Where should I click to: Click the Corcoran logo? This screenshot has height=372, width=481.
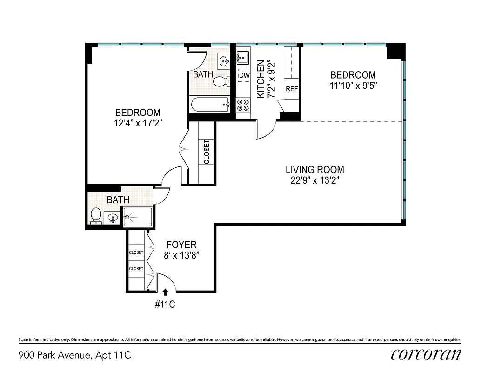click(426, 354)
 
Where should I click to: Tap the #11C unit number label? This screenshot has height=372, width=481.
click(165, 305)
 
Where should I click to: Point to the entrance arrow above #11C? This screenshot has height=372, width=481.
click(165, 292)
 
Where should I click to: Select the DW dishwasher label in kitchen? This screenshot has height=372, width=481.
click(244, 75)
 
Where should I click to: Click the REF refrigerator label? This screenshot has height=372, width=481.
click(292, 89)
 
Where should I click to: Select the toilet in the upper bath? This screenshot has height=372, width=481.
click(221, 82)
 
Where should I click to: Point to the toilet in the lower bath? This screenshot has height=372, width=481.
click(96, 215)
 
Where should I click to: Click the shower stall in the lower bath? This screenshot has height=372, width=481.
click(138, 217)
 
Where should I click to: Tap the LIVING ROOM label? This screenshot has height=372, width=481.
click(314, 170)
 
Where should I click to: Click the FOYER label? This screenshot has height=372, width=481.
click(181, 245)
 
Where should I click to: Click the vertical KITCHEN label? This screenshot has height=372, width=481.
click(261, 79)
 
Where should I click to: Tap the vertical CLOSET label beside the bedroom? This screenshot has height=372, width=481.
click(207, 152)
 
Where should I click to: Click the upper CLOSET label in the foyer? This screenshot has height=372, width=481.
click(136, 252)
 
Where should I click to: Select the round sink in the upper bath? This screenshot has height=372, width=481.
click(224, 61)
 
